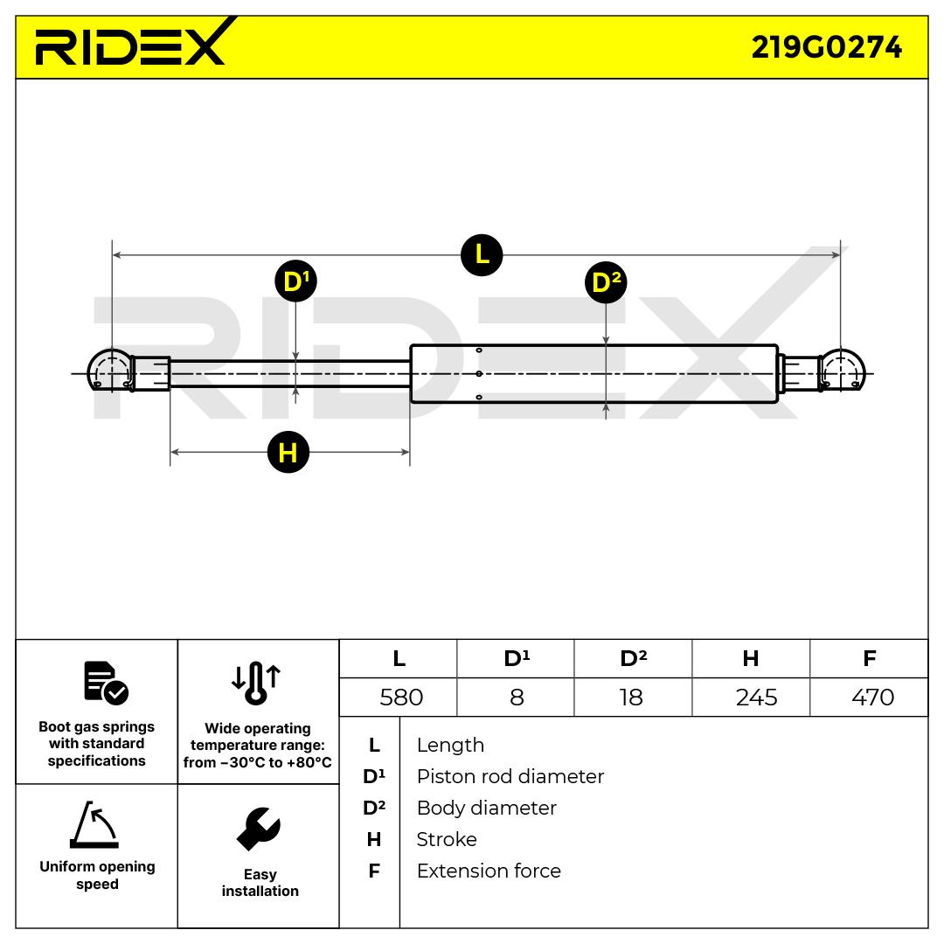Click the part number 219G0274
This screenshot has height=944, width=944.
tap(826, 46)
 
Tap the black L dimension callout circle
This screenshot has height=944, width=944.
tap(482, 254)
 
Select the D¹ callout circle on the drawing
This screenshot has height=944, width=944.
tap(295, 281)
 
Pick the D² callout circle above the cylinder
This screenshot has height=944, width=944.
tap(606, 282)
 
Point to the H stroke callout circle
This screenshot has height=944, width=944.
tap(288, 452)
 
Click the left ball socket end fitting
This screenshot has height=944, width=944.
tap(110, 371)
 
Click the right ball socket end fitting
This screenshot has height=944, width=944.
tap(841, 371)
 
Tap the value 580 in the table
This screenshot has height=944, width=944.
tap(401, 698)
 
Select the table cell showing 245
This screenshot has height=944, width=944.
tap(756, 698)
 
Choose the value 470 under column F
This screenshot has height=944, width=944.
tap(872, 698)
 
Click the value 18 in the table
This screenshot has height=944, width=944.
tap(630, 698)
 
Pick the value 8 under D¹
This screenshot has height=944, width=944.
tap(517, 698)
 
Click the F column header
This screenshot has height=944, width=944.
tap(869, 658)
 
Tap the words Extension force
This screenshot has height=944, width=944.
tap(489, 871)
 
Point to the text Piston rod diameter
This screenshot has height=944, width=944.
tap(510, 776)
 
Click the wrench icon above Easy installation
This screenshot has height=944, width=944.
tap(259, 829)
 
